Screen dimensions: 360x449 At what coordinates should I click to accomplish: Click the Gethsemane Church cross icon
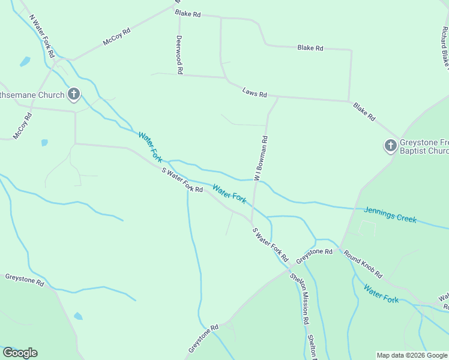point(74,94)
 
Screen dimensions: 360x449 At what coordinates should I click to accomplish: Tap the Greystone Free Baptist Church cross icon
point(390,145)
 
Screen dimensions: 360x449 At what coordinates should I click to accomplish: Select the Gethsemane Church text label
point(30,95)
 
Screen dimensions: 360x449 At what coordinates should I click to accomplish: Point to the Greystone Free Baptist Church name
point(424,147)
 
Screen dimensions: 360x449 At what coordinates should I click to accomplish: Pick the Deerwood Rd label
point(179,53)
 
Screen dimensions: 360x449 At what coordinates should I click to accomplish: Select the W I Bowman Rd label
point(261,158)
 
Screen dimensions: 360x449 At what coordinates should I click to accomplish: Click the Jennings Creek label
point(390,214)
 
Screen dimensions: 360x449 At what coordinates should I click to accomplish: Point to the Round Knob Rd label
point(363,263)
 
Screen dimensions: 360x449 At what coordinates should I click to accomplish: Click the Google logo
point(20,353)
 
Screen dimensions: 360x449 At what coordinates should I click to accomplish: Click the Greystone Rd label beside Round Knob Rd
point(314,254)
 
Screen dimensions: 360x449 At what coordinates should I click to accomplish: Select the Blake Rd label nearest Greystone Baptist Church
point(364,112)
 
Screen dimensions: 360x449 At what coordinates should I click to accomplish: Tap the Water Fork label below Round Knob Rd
point(381,292)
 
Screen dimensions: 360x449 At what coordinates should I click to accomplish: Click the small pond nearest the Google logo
point(78,316)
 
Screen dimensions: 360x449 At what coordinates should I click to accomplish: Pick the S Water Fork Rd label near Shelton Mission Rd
point(271,244)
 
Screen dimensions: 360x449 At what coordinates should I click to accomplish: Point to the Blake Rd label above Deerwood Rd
point(188,13)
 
